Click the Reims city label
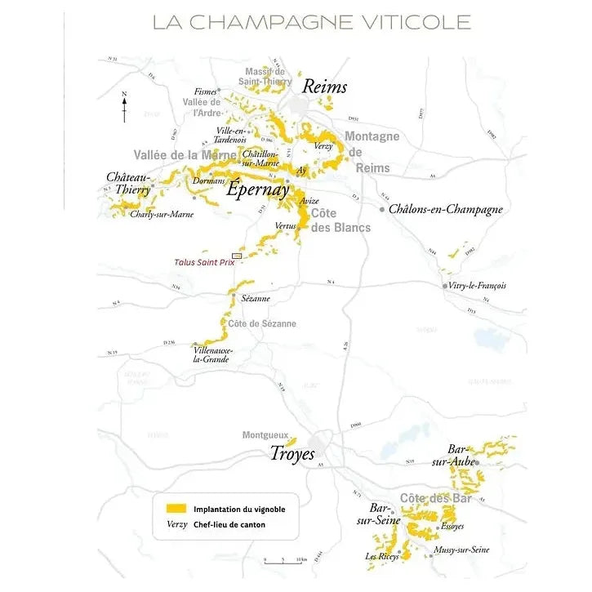(324, 87)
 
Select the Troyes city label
(292, 454)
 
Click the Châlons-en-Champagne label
(446, 209)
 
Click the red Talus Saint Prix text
(204, 262)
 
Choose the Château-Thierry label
(128, 184)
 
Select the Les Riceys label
(382, 557)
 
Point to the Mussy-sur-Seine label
(462, 550)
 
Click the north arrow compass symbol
(124, 107)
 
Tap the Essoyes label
(452, 527)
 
